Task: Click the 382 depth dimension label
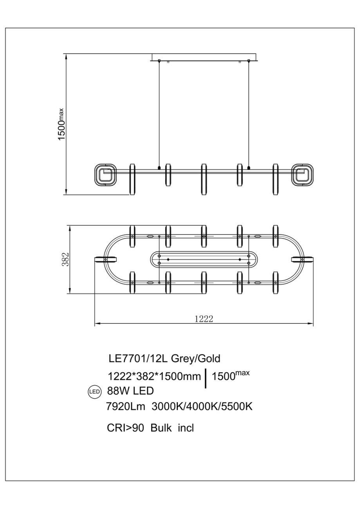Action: point(65,259)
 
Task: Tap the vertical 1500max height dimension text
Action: point(62,124)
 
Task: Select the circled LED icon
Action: point(94,392)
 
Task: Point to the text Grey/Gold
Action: point(195,359)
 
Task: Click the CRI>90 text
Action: point(125,428)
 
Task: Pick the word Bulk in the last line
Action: point(161,428)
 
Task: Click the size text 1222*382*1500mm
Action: point(154,377)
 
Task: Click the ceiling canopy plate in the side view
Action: point(204,57)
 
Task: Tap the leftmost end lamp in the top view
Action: point(106,260)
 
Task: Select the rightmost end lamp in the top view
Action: point(302,260)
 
